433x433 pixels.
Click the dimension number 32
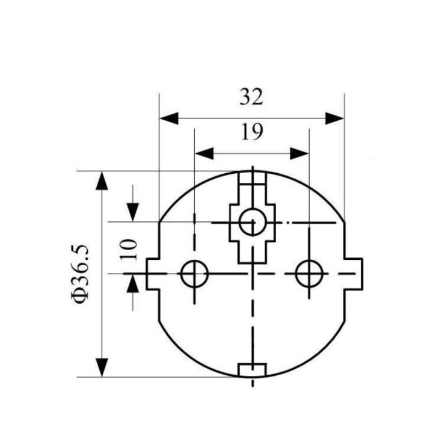(251, 97)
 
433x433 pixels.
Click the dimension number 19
(252, 132)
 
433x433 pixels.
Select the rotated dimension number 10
(129, 250)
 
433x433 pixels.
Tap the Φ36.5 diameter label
(81, 274)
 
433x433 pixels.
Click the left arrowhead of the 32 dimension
(169, 118)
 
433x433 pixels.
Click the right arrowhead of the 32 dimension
(335, 118)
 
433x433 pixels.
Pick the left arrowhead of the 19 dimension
(204, 153)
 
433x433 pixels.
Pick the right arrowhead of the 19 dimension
(299, 153)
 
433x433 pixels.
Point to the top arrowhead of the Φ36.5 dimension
(102, 180)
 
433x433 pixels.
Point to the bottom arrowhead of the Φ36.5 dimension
(102, 367)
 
